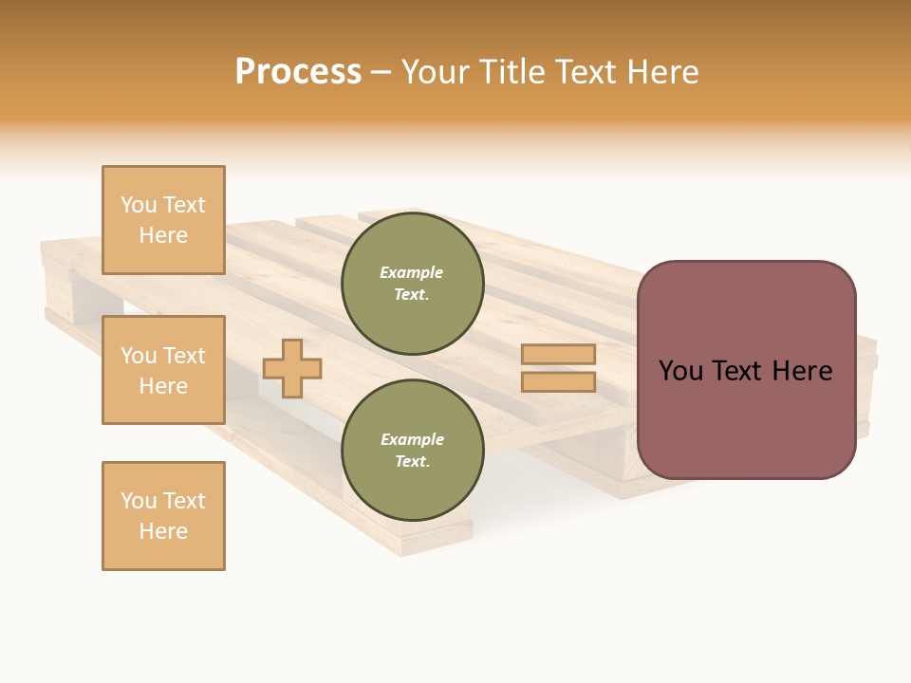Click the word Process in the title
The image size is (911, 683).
point(298,72)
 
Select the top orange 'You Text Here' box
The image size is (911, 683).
point(163,220)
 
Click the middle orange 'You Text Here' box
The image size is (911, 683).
point(163,370)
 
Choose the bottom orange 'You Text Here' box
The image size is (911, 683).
point(163,516)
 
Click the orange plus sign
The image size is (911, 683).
point(292,368)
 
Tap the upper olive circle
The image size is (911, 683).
point(412,284)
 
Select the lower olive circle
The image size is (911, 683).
point(412,451)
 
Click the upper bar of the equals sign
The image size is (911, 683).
point(558,355)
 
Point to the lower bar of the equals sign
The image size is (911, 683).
point(558,382)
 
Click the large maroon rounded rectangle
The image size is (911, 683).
point(746,417)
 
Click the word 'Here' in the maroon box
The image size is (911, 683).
point(802,371)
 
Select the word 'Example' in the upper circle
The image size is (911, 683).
point(412,273)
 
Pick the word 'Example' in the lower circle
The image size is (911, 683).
point(412,440)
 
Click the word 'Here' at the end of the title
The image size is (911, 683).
point(661,72)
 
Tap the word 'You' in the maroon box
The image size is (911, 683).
point(681,371)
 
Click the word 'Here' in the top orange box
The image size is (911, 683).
point(163,235)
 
